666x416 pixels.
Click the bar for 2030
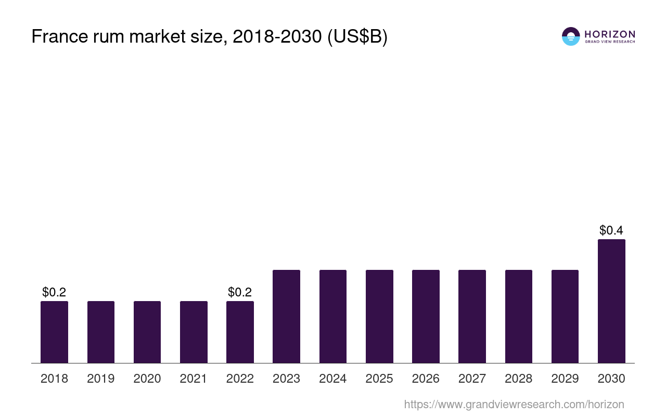coord(611,301)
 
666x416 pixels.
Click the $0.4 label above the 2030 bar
coord(611,230)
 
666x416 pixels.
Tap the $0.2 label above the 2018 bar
coord(54,292)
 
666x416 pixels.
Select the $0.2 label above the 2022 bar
coord(240,292)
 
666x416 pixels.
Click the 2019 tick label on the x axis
coord(101,379)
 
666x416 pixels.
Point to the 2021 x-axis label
coord(194,379)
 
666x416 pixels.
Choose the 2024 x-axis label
coord(333,379)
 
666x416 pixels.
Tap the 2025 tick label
coord(379,379)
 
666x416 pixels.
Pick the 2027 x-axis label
coord(472,379)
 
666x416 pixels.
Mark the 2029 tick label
coord(565,379)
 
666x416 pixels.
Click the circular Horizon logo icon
coord(571,36)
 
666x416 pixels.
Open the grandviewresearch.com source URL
coord(514,405)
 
